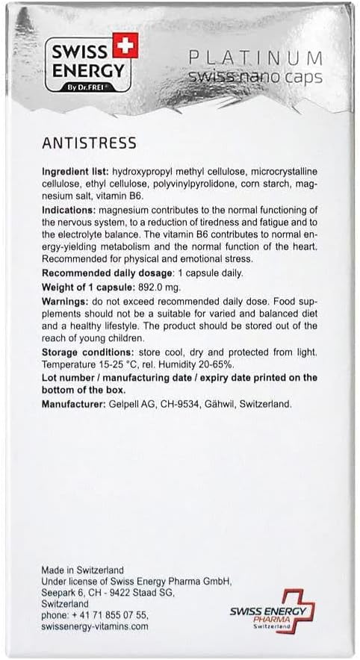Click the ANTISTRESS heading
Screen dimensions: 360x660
(x=88, y=143)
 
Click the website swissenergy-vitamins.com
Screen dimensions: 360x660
(x=95, y=627)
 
